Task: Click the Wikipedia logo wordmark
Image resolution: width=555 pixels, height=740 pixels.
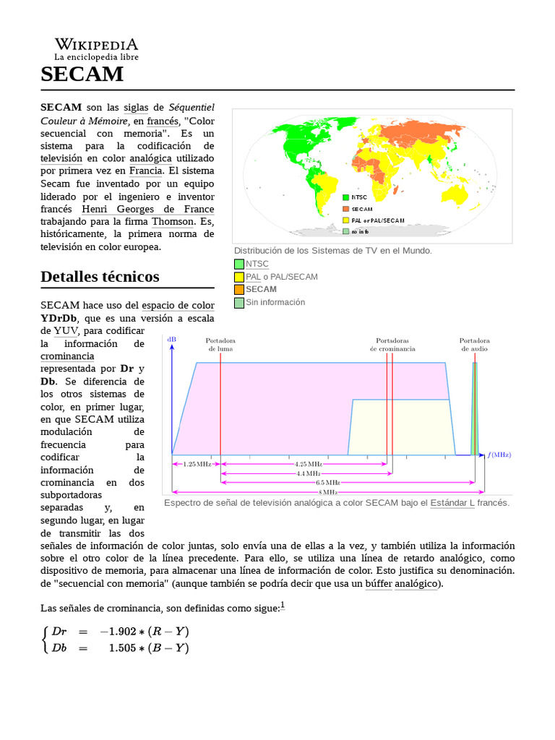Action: (x=96, y=45)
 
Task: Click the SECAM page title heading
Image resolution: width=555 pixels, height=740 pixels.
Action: (x=82, y=74)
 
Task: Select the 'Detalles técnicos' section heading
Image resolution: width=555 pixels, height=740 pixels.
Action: (x=100, y=277)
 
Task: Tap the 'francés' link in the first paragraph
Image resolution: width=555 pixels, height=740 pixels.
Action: (x=162, y=121)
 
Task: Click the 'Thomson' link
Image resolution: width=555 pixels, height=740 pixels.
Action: (x=172, y=221)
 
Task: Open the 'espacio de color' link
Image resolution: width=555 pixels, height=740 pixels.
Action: (x=178, y=306)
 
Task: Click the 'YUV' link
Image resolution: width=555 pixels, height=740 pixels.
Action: (x=66, y=331)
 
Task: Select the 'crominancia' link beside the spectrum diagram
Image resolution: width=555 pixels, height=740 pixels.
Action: (x=67, y=356)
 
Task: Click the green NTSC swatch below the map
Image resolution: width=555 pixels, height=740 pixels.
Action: (x=239, y=264)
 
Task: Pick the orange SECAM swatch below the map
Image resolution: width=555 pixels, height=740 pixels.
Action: (x=239, y=290)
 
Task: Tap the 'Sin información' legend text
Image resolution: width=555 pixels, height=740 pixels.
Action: (x=275, y=302)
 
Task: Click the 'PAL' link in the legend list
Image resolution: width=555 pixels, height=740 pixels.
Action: (x=253, y=277)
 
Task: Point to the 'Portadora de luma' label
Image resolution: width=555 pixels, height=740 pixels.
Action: (x=220, y=344)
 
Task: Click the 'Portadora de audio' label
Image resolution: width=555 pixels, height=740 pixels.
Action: (x=474, y=344)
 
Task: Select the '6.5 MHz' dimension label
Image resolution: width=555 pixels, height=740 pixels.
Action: (x=327, y=481)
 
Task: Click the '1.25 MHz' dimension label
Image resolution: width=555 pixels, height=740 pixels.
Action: (x=196, y=463)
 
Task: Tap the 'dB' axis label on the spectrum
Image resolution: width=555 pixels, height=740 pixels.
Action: (x=171, y=339)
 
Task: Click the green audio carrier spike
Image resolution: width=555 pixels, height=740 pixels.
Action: (x=475, y=412)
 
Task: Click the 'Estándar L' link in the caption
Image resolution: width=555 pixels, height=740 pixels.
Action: (x=452, y=503)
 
